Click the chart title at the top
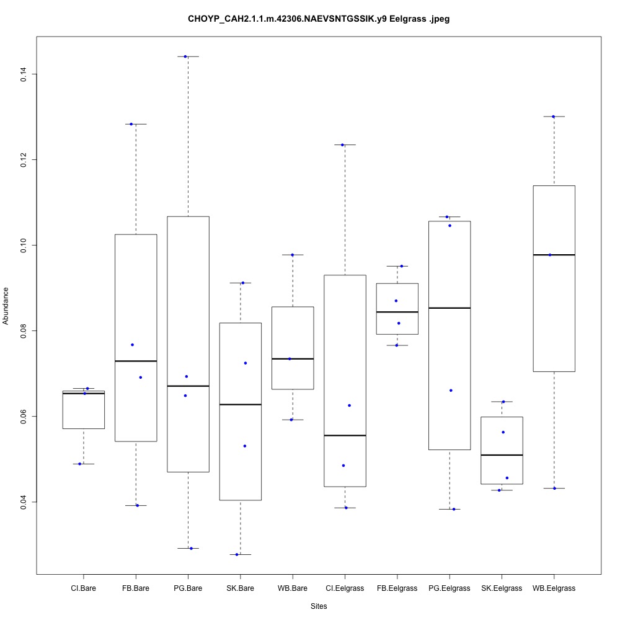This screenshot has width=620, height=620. pos(319,19)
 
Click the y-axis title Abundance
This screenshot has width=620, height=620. pos(6,306)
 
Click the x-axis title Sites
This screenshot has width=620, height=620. pos(319,606)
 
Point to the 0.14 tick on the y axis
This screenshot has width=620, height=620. pos(23,74)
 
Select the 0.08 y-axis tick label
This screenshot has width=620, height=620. pos(23,330)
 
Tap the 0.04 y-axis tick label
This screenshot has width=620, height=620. pos(23,502)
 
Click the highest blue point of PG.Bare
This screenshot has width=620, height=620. pos(185,56)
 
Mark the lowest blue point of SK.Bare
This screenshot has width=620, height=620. pos(237,554)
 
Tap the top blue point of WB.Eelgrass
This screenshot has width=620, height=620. pos(553,117)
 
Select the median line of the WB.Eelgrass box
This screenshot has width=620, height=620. pos(554,255)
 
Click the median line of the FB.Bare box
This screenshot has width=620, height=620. pos(136,361)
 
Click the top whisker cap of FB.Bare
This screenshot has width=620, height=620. pos(136,124)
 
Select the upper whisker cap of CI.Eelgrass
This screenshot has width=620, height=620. pos(344,144)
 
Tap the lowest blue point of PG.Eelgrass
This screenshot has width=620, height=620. pos(454,509)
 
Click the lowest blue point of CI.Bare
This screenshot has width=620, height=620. pos(80,464)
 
